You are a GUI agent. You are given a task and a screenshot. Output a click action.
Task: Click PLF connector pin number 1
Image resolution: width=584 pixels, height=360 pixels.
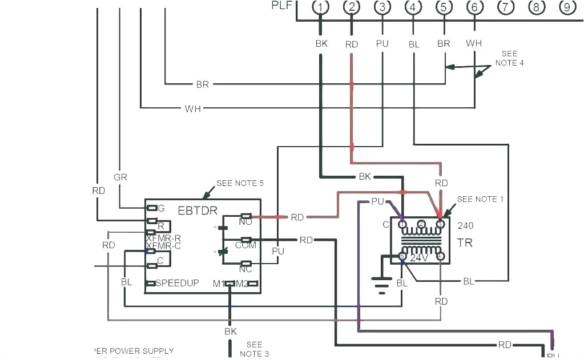tap(321, 7)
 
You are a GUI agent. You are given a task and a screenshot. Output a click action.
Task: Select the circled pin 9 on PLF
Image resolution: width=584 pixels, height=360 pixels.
tap(566, 7)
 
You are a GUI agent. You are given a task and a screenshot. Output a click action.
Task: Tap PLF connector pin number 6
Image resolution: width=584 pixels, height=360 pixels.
tap(474, 7)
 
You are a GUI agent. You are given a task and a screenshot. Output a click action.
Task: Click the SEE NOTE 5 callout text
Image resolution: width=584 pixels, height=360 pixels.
tap(240, 183)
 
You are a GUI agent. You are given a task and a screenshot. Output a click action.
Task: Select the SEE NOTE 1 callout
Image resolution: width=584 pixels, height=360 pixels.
tap(480, 199)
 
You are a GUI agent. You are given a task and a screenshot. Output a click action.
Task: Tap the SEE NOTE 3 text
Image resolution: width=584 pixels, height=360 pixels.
tap(254, 349)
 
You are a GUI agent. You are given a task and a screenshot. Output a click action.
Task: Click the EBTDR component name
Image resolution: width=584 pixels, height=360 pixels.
tap(198, 211)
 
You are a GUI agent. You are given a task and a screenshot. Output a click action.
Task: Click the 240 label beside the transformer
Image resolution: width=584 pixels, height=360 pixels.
tap(465, 225)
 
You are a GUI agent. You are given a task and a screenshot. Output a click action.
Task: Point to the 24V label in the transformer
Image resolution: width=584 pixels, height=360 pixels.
tap(420, 258)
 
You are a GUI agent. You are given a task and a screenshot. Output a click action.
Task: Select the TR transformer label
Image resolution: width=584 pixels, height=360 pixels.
tap(464, 242)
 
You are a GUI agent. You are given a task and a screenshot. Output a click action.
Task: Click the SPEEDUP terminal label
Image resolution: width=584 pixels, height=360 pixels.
tap(177, 283)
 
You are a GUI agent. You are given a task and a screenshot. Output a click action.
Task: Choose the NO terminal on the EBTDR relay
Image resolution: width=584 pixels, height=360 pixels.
tap(245, 221)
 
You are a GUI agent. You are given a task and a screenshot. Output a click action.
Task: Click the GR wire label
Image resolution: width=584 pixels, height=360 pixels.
tap(120, 177)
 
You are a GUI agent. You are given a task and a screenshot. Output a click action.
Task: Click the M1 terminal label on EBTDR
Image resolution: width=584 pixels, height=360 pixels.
tap(218, 283)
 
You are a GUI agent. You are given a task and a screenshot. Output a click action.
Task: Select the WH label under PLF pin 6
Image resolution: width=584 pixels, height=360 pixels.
tap(473, 43)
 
